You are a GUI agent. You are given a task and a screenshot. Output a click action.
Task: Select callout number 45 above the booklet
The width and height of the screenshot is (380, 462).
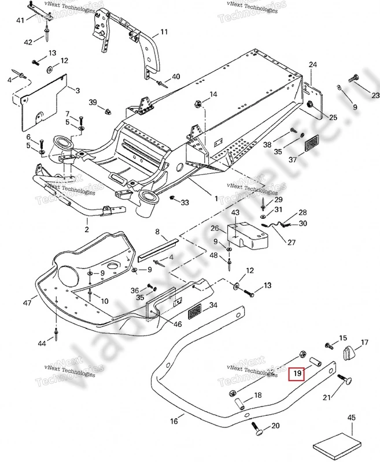351,418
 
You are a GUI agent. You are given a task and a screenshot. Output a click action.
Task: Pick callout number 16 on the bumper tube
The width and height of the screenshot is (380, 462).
174,422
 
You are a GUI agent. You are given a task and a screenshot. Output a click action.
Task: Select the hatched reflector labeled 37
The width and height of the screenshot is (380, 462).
313,142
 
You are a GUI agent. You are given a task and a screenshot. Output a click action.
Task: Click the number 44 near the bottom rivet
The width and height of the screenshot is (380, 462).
42,344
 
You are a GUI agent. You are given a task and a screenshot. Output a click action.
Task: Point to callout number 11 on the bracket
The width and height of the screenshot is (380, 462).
164,32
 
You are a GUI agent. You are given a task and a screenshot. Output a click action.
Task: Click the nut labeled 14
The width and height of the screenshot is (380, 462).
197,105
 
